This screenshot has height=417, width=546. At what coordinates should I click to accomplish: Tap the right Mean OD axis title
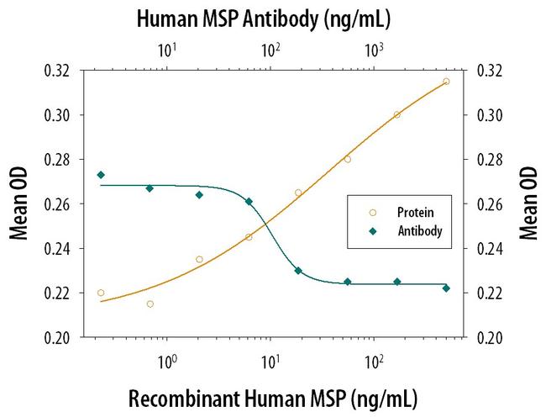click(528, 203)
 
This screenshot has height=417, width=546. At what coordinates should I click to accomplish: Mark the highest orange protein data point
click(446, 82)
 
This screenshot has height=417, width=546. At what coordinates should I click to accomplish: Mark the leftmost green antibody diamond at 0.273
click(101, 175)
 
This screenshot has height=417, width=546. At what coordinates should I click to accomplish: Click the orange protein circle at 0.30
click(397, 114)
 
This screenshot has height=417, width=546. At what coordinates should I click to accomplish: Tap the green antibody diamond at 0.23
click(298, 271)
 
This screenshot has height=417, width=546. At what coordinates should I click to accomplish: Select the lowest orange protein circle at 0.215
click(150, 304)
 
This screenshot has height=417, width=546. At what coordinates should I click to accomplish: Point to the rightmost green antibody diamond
click(446, 288)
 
